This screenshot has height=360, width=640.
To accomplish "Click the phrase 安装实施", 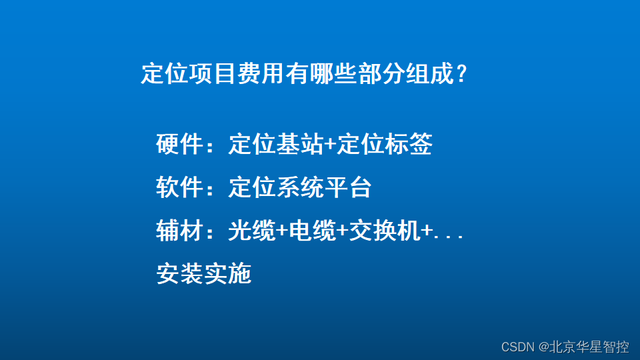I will point(203,274).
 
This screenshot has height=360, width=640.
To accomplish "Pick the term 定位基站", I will point(275,144).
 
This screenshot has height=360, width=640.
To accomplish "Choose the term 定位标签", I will point(385,144).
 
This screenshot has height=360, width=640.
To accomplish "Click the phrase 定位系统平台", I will point(299,188).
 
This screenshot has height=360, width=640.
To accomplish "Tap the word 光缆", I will point(251,231).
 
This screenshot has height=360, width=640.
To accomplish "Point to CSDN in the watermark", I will point(518,347).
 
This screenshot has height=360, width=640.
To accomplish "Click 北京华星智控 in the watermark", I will point(590,347).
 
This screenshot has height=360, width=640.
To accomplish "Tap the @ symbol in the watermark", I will point(544,347).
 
